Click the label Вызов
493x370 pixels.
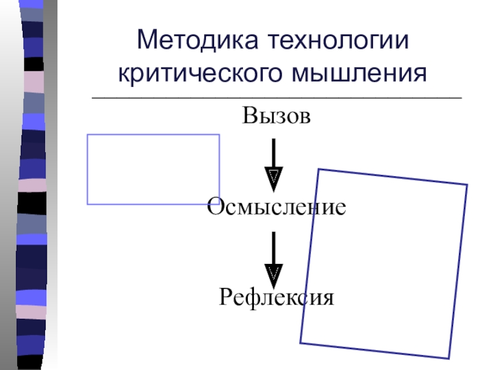tap(275, 115)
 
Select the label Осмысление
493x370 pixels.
tap(275, 207)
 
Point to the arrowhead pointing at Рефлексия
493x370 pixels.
tap(274, 273)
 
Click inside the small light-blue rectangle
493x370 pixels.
tap(153, 169)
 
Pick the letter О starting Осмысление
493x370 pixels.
tap(215, 207)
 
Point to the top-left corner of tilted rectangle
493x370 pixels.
tap(318, 170)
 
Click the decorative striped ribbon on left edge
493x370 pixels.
tap(34, 185)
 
